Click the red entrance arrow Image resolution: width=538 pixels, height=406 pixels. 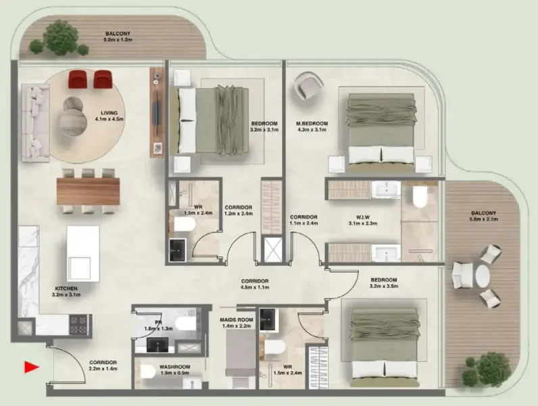click(30, 367)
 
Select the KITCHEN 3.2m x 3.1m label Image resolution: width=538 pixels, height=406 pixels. click(66, 292)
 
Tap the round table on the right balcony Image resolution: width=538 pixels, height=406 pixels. click(482, 276)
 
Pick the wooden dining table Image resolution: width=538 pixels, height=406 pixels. click(88, 189)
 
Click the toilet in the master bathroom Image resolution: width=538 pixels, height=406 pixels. click(419, 198)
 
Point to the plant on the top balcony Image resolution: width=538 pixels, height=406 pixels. click(61, 38)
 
